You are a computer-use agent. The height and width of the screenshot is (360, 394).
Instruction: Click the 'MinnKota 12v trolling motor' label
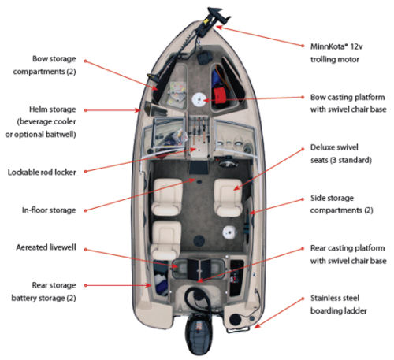pos(336,53)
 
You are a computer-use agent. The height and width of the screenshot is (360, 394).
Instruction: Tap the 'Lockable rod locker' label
pos(42,173)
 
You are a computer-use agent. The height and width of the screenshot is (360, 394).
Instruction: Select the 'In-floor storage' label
pos(49,210)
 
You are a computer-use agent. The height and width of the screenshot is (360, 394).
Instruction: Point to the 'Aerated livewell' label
pos(46,247)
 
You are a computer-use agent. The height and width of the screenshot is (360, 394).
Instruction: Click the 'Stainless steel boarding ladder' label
pos(339,305)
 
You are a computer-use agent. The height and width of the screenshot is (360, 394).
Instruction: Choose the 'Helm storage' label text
pos(52,109)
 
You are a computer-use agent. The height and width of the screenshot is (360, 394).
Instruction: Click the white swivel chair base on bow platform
pos(199,99)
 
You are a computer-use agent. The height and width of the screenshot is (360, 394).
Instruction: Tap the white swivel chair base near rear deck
pos(229,232)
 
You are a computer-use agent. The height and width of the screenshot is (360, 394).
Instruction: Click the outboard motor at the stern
pos(199,333)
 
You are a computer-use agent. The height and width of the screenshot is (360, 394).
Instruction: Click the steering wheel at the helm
pos(229,164)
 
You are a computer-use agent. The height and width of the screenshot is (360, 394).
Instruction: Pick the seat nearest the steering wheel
pos(228,198)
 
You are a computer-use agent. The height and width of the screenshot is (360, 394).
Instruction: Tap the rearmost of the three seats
pos(165,240)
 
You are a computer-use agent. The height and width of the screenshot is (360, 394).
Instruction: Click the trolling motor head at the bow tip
pos(218,15)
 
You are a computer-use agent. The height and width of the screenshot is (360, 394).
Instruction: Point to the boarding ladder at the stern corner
pos(239,330)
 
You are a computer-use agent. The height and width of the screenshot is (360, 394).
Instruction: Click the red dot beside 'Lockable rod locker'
pos(86,172)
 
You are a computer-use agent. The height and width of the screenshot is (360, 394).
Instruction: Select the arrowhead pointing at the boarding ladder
pos(258,326)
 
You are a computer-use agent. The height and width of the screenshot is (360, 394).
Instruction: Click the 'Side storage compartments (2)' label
pos(341,204)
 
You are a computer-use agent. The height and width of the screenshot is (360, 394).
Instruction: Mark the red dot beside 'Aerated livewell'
pos(86,250)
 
